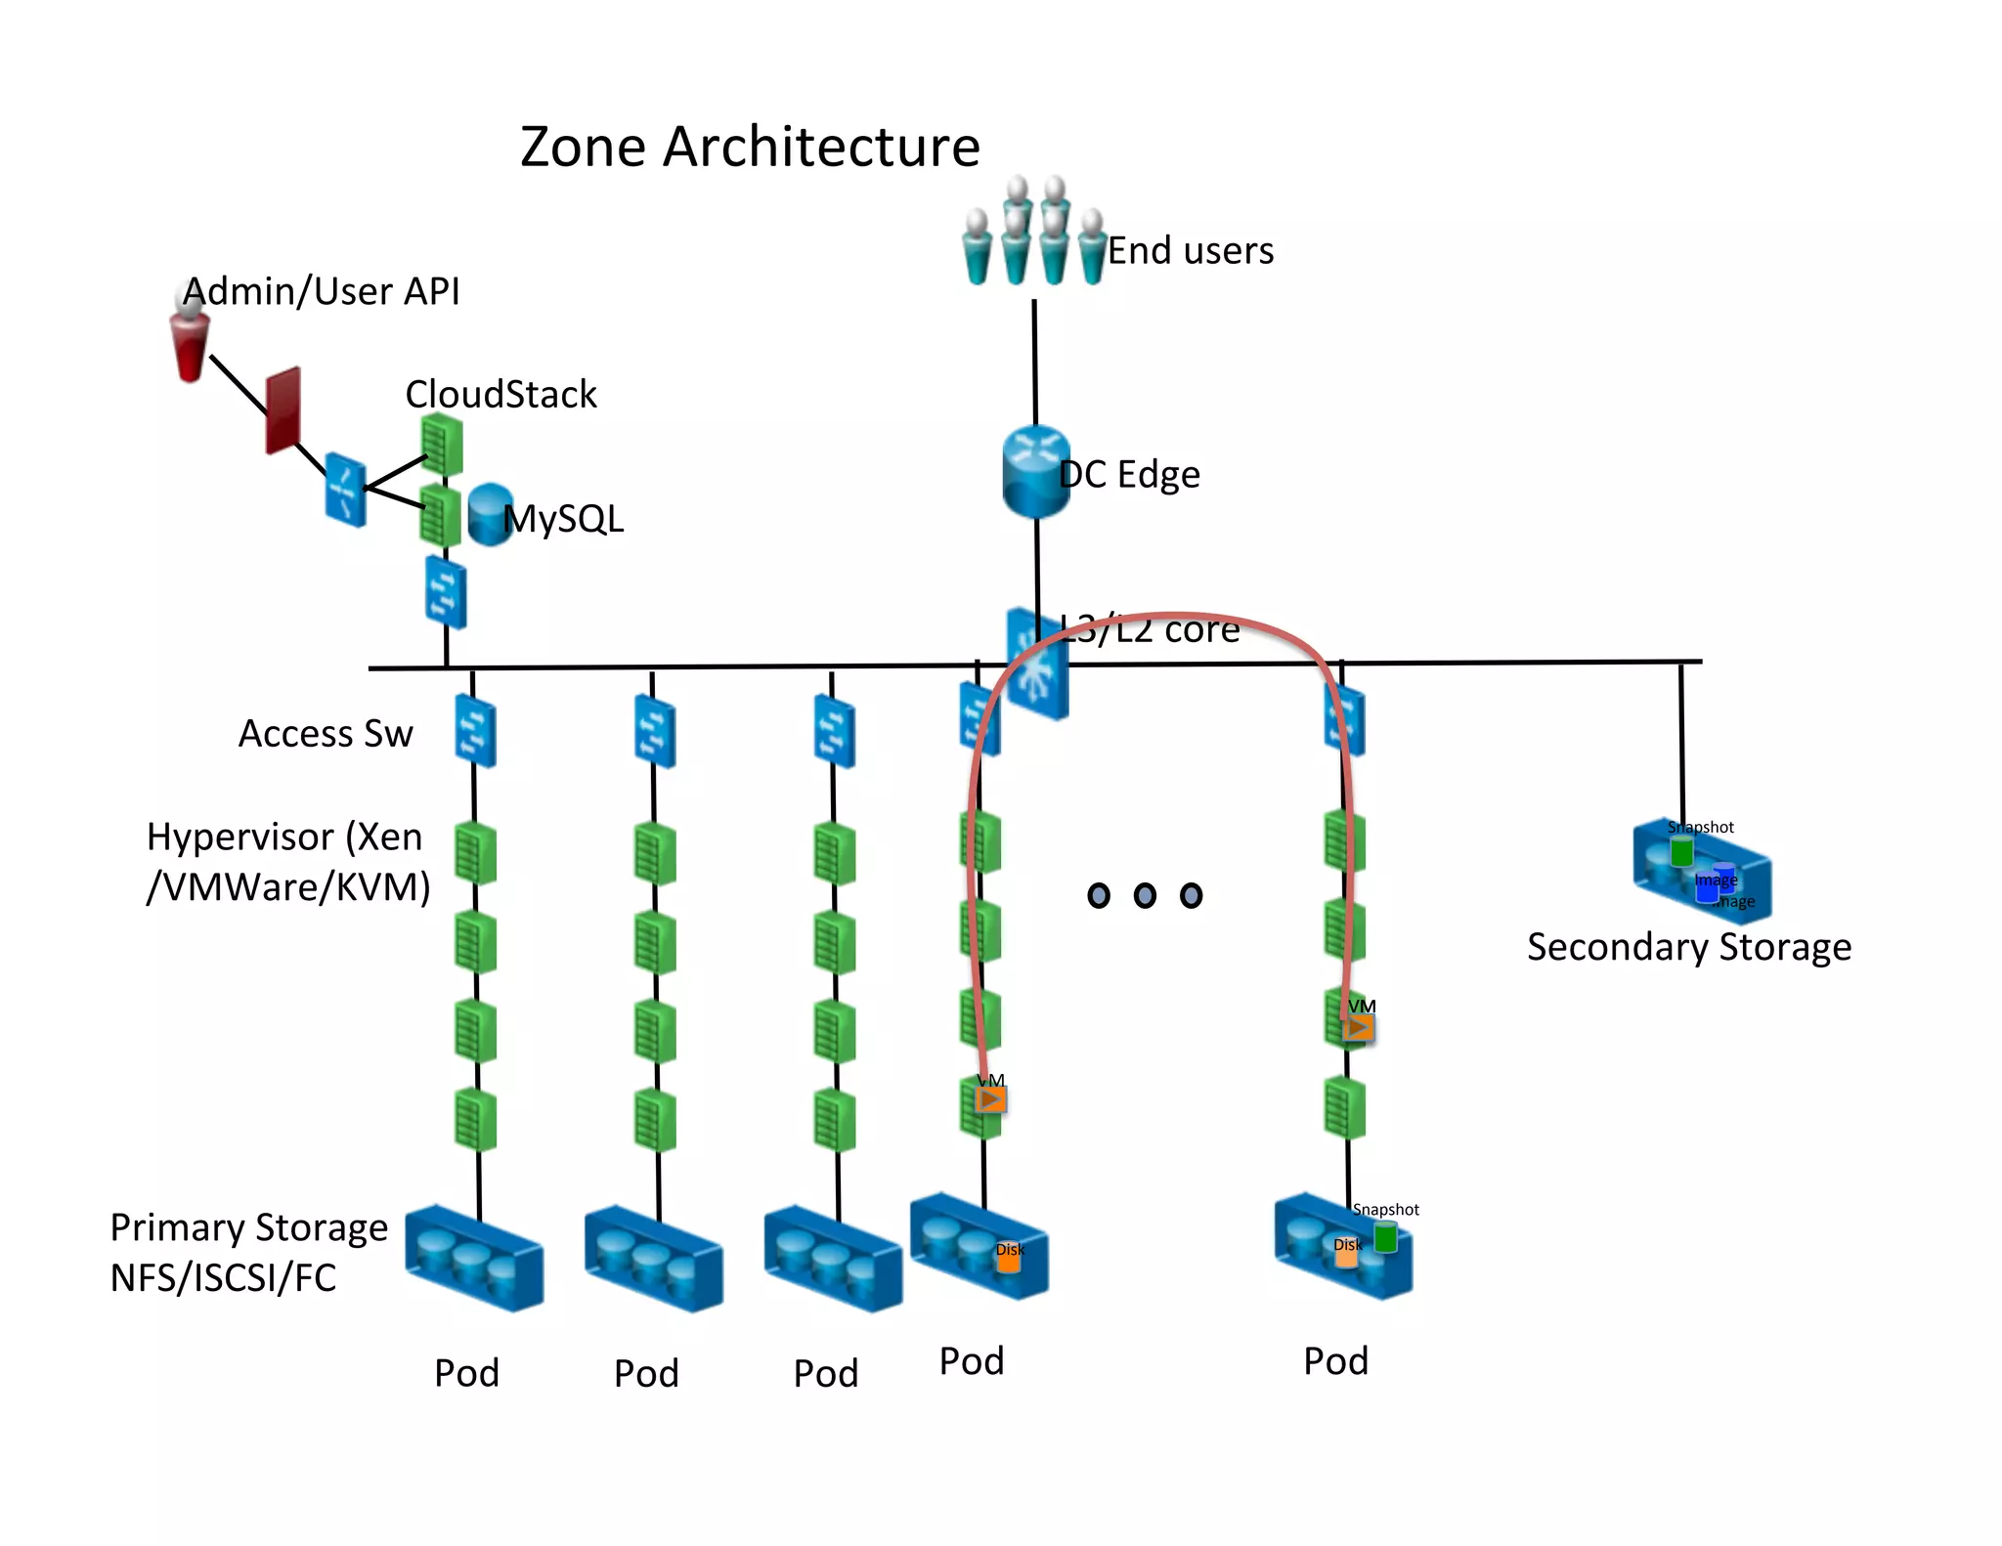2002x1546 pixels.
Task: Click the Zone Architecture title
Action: (x=749, y=147)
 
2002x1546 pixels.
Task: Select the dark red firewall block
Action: (x=283, y=410)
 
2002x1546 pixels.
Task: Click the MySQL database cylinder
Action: (x=488, y=514)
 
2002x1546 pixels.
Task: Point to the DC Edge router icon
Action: (x=1035, y=473)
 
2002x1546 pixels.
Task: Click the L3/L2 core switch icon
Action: (x=1038, y=665)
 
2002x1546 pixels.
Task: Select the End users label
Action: (x=1190, y=251)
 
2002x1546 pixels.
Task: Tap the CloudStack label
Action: (x=500, y=395)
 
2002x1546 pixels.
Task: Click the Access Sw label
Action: (x=326, y=734)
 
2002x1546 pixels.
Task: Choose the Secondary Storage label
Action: (x=1688, y=947)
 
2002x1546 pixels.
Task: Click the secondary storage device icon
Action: (x=1701, y=870)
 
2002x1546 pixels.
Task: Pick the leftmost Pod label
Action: (x=466, y=1373)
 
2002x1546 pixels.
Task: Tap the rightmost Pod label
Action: (x=1335, y=1361)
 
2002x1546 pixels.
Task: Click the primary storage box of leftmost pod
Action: (x=474, y=1259)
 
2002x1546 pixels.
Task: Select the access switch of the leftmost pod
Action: (x=475, y=731)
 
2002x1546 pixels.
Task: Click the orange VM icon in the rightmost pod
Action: (x=1358, y=1028)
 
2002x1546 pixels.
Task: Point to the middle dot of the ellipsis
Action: (x=1145, y=895)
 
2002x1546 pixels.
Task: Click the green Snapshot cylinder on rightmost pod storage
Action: (x=1385, y=1237)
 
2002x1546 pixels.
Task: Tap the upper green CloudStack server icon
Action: (x=441, y=445)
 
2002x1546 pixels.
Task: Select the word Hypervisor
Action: (x=239, y=837)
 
